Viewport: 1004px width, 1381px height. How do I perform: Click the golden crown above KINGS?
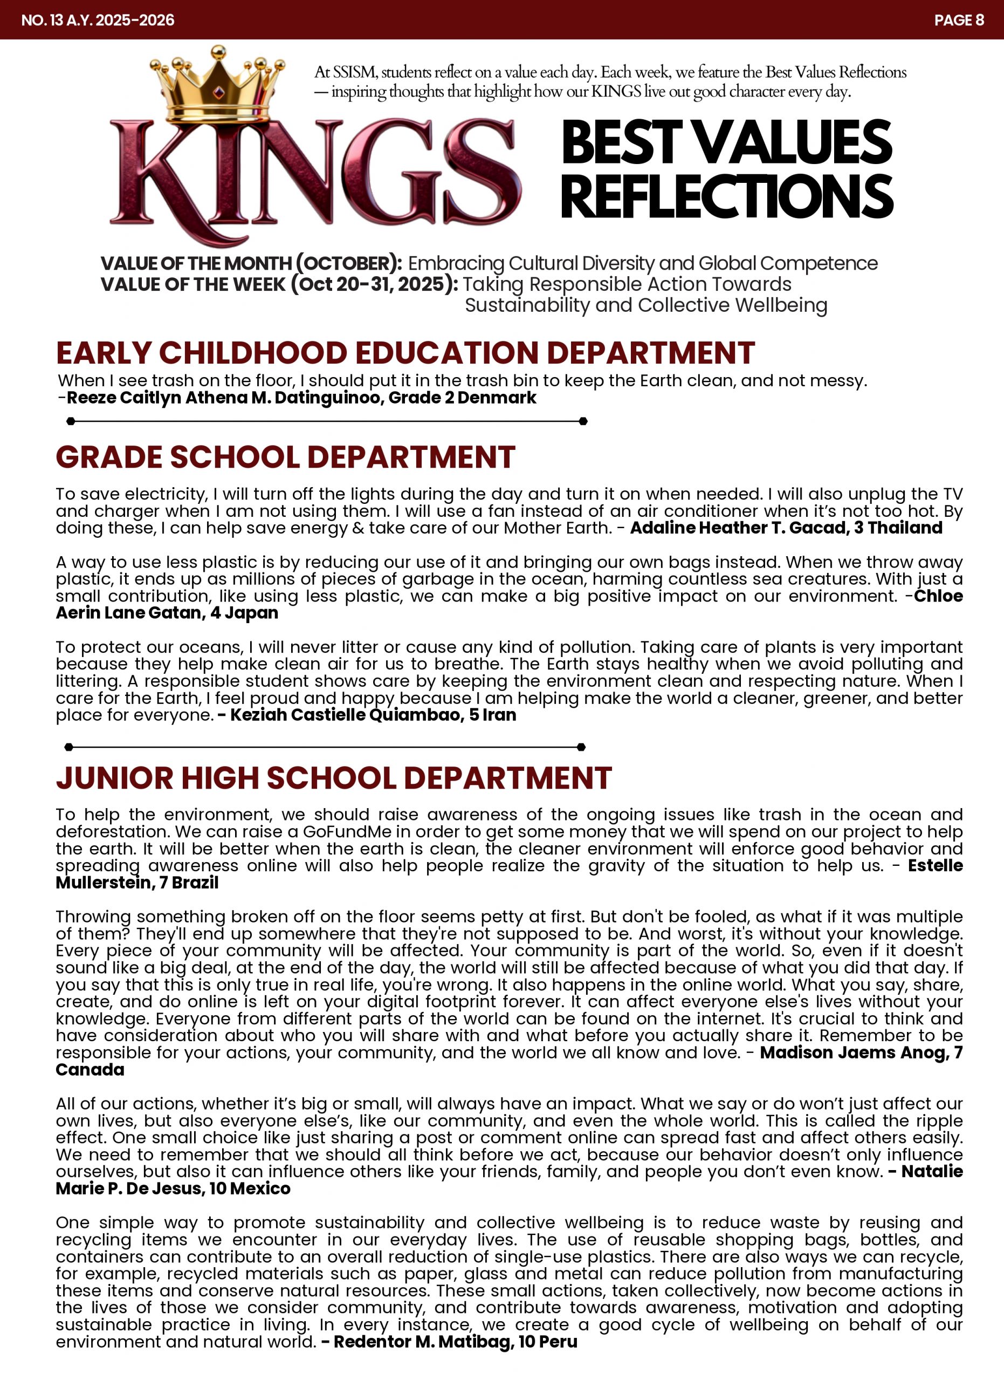coord(217,85)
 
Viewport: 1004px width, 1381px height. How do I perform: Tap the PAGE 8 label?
coord(958,20)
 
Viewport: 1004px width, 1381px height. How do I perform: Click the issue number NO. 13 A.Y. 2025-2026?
coord(98,20)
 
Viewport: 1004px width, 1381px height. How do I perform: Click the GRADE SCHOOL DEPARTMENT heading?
coord(285,457)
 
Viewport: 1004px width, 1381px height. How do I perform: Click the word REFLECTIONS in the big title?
coord(726,196)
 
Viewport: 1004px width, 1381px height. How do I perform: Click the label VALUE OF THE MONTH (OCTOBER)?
coord(251,263)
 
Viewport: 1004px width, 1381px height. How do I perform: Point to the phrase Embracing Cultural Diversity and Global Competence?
coord(643,263)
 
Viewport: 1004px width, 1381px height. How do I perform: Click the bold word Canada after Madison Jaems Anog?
coord(90,1069)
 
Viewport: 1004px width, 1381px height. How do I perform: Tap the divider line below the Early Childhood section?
coord(327,421)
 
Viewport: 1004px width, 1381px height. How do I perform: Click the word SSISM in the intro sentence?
coord(354,72)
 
